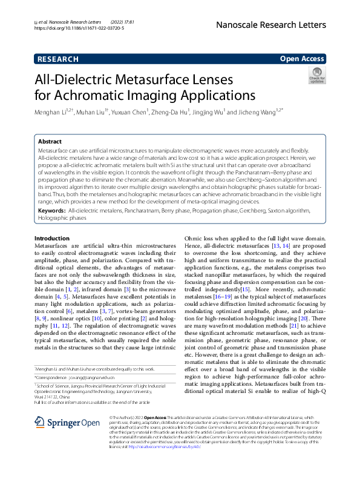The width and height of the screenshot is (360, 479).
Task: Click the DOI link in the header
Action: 79,28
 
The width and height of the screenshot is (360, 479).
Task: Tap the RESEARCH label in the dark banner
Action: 57,59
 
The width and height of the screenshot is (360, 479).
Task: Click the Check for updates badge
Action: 316,76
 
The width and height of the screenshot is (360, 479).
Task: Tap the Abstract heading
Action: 50,141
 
